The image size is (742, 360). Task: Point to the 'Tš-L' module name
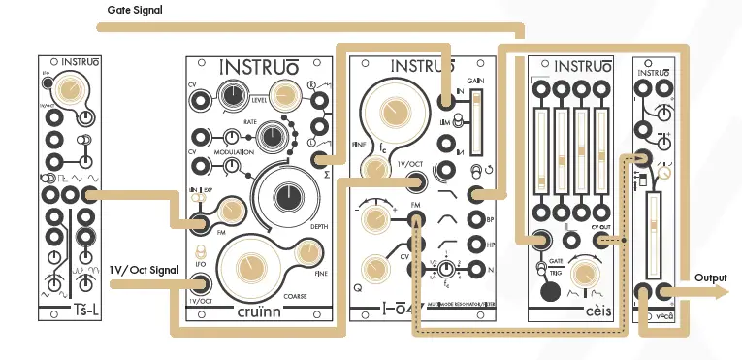(69, 311)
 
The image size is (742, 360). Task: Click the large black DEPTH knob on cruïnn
(288, 197)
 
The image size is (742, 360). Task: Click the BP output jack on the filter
(476, 220)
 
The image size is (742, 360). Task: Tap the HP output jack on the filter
(476, 245)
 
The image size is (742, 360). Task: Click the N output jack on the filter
(476, 271)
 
